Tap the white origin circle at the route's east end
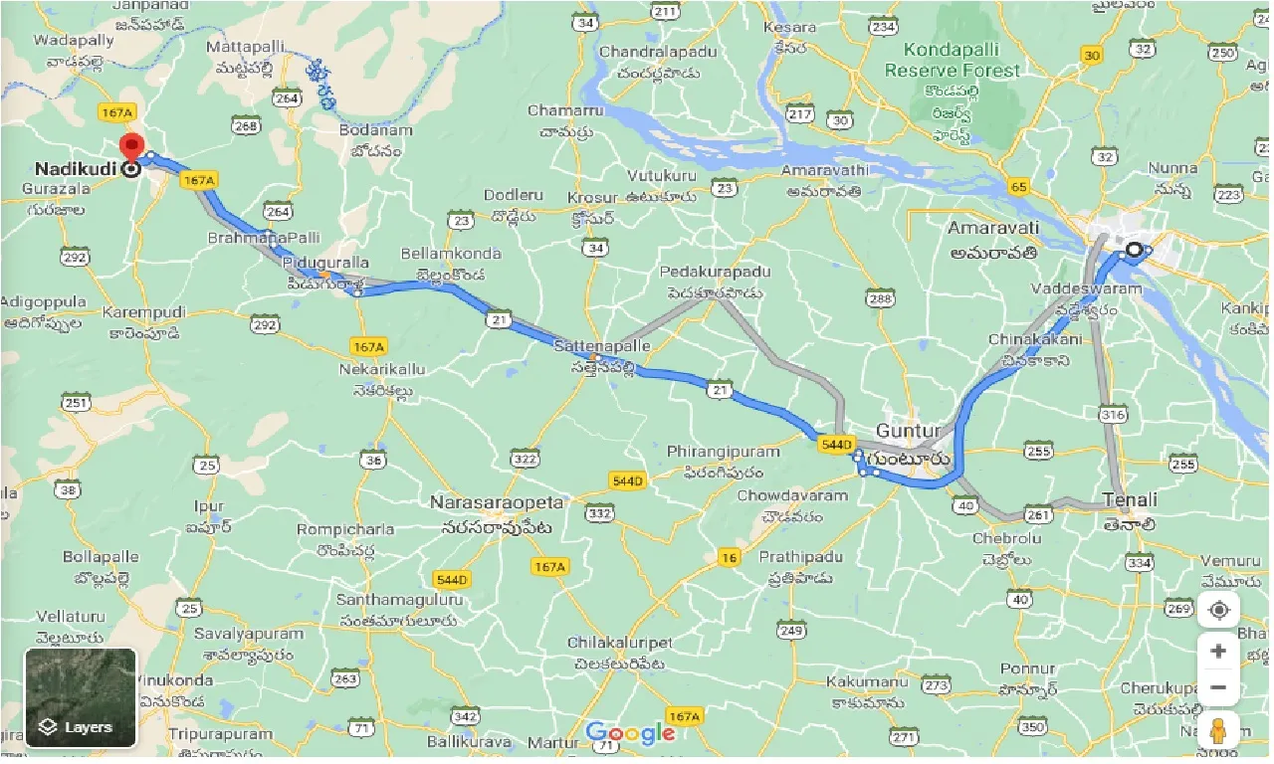point(1134,249)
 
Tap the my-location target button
point(1219,610)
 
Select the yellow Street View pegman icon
point(1219,731)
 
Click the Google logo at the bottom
point(630,734)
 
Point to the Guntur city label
point(908,431)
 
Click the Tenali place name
point(1130,499)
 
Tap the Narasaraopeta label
point(497,502)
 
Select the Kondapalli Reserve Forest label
point(952,61)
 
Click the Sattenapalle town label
point(602,346)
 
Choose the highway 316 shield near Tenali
point(1114,414)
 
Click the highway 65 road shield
point(1017,186)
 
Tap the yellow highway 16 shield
point(730,558)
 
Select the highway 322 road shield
point(525,459)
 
